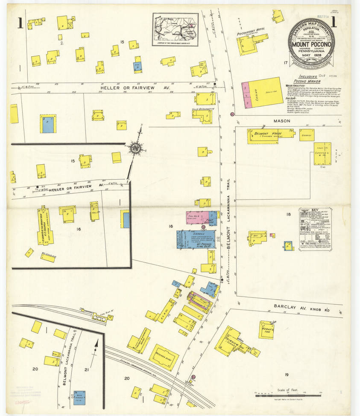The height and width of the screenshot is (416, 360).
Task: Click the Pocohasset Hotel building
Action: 252,44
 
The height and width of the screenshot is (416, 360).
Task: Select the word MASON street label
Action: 282,121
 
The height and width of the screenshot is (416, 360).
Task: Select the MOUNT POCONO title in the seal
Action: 310,44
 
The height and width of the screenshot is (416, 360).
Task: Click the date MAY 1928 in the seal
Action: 310,55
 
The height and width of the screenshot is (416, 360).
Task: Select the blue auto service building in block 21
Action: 79,397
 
